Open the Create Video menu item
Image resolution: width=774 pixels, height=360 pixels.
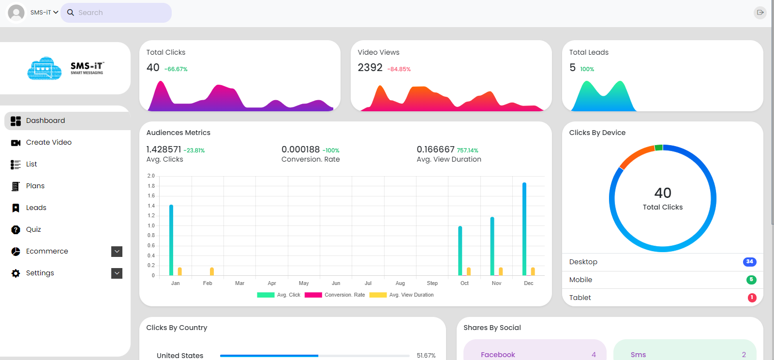pos(49,142)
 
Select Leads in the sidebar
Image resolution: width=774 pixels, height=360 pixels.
pos(36,208)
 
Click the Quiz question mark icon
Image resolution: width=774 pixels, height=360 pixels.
pos(15,230)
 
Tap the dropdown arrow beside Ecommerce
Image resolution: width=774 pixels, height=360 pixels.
pos(117,252)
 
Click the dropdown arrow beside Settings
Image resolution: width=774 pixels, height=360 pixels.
pos(117,273)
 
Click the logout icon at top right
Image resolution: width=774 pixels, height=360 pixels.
pos(760,13)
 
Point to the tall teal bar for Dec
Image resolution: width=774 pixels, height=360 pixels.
pos(524,229)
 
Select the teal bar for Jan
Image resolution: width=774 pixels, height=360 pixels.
pos(171,240)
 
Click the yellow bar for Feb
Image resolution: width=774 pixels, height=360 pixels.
pos(212,271)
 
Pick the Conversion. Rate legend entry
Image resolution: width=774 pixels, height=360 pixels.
pos(335,295)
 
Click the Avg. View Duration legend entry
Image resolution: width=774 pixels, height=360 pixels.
pos(402,295)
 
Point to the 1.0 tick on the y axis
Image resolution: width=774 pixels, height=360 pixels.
pos(151,225)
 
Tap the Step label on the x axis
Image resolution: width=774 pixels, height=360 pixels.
pos(432,283)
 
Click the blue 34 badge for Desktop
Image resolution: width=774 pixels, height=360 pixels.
pos(749,262)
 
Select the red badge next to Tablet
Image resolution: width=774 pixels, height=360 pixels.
pos(752,298)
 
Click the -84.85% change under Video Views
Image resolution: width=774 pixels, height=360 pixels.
pos(399,69)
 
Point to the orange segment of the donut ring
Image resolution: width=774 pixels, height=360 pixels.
pos(635,156)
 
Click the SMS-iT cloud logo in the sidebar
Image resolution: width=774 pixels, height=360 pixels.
pos(45,68)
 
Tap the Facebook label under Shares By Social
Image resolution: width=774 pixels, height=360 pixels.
pos(498,355)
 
